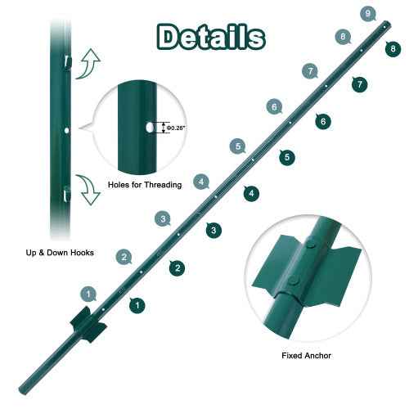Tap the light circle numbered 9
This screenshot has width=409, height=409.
(x=367, y=13)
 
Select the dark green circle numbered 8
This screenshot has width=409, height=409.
(x=394, y=49)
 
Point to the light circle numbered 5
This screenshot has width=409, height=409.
(x=238, y=146)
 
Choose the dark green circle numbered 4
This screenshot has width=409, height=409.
(x=251, y=193)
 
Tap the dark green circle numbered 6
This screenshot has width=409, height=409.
(x=324, y=121)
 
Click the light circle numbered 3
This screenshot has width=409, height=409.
(x=164, y=218)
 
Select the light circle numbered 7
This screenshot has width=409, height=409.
(x=311, y=71)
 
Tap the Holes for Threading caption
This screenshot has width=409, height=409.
(x=145, y=186)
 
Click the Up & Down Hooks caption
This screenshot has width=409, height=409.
(x=59, y=254)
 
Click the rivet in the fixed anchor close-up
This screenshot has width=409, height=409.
(x=312, y=241)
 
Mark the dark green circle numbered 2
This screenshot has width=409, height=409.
(x=176, y=267)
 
